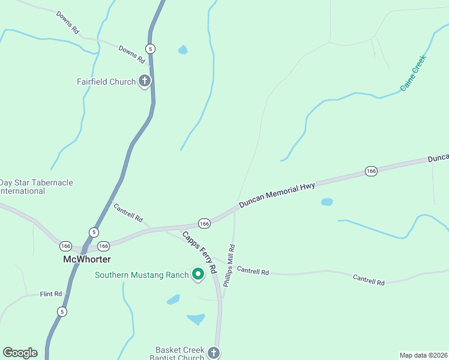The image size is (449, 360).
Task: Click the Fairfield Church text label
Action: [106, 82]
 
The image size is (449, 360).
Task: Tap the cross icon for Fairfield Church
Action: [144, 80]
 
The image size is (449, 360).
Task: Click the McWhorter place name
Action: [87, 259]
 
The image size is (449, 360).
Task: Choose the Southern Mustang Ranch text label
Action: [142, 275]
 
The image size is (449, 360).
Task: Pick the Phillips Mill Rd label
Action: [229, 265]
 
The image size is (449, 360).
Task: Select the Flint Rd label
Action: [51, 294]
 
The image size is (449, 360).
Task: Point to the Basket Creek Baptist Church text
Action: [180, 354]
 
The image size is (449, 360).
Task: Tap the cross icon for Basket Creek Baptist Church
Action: [214, 353]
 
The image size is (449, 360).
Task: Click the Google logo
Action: [20, 353]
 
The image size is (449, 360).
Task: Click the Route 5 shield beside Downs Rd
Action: [150, 49]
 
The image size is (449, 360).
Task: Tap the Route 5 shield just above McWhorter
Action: [94, 232]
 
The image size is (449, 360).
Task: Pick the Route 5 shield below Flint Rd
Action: [62, 311]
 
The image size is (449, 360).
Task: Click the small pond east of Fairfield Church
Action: [182, 50]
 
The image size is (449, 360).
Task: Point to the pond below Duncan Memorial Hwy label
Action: [327, 202]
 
